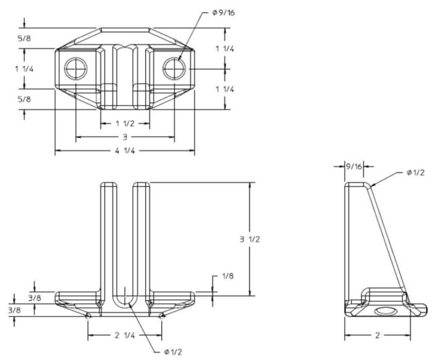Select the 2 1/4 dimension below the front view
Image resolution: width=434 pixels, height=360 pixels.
click(x=125, y=336)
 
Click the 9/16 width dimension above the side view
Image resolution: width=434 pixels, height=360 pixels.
click(x=353, y=166)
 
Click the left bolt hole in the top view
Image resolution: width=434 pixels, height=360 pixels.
click(x=76, y=68)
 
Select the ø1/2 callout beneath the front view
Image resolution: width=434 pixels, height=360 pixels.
click(x=174, y=352)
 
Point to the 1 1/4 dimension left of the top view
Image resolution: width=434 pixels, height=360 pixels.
click(x=24, y=70)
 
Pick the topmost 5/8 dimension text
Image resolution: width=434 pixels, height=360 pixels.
click(x=24, y=38)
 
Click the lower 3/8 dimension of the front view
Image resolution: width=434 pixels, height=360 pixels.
click(x=13, y=309)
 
